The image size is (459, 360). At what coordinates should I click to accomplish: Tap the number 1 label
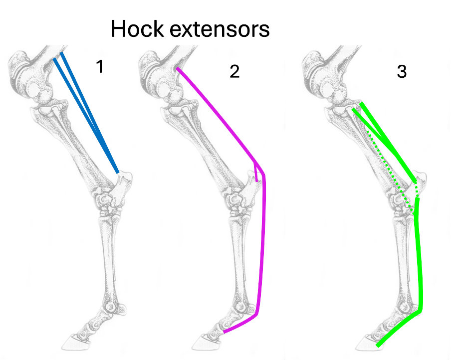[x=99, y=66]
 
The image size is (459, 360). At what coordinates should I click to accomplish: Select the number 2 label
[x=234, y=72]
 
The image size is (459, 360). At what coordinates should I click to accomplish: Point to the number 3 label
[x=402, y=72]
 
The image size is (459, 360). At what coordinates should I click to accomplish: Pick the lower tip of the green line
[x=378, y=345]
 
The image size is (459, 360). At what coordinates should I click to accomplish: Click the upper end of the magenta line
[x=177, y=69]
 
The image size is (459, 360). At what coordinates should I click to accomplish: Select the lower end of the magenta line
[x=225, y=331]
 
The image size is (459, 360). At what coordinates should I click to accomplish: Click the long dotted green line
[x=389, y=170]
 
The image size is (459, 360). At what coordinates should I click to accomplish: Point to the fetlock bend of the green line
[x=420, y=310]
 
